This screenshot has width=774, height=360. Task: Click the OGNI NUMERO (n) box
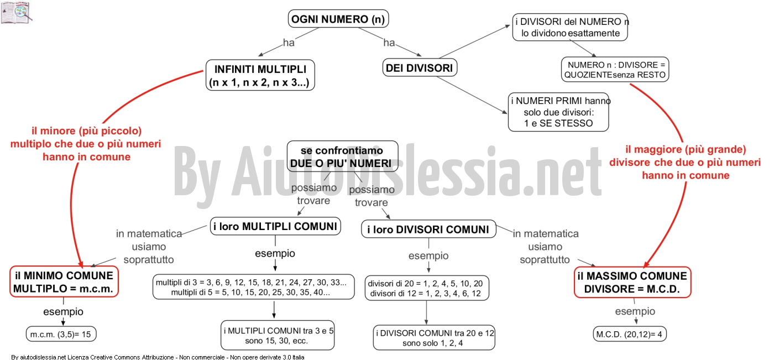(338, 19)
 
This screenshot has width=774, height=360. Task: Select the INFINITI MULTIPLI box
(260, 75)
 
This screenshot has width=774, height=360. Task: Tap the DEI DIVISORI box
(420, 67)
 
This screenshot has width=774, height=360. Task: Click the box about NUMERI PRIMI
(558, 112)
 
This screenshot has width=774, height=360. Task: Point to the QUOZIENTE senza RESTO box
(615, 70)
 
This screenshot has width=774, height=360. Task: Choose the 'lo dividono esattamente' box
(570, 27)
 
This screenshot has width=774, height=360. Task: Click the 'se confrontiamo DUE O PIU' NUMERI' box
(342, 156)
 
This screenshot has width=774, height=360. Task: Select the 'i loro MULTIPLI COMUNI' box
(275, 226)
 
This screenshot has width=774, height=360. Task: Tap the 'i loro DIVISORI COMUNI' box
(428, 229)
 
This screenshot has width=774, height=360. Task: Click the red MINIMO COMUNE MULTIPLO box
(64, 281)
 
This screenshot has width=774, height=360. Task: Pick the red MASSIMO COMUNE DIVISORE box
(632, 282)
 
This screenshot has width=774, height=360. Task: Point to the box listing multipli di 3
(254, 287)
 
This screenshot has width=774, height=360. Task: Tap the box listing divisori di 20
(427, 288)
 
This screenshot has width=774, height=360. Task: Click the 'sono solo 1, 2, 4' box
(434, 337)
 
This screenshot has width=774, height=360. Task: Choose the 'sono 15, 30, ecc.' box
(278, 335)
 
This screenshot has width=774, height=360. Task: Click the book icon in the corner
(16, 13)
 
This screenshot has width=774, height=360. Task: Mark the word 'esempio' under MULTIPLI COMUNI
(275, 253)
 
